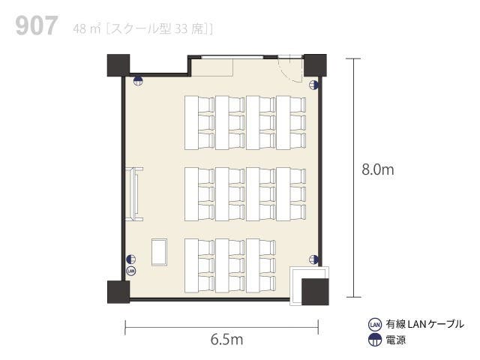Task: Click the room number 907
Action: click(35, 27)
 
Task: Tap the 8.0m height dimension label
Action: click(377, 169)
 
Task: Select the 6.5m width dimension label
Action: click(226, 339)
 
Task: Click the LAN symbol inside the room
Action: click(131, 270)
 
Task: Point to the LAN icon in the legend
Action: click(375, 325)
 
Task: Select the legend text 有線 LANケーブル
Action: click(424, 325)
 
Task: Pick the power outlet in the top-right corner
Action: click(315, 85)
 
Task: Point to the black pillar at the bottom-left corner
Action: click(118, 292)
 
